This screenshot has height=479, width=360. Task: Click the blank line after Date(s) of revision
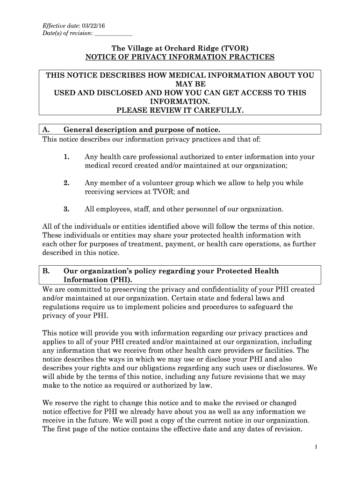click(113, 34)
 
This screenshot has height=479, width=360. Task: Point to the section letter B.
click(46, 271)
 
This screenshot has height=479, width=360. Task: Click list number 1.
click(67, 157)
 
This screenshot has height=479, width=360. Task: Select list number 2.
click(67, 183)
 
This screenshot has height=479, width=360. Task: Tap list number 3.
click(67, 209)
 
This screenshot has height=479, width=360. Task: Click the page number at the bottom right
click(316, 448)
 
